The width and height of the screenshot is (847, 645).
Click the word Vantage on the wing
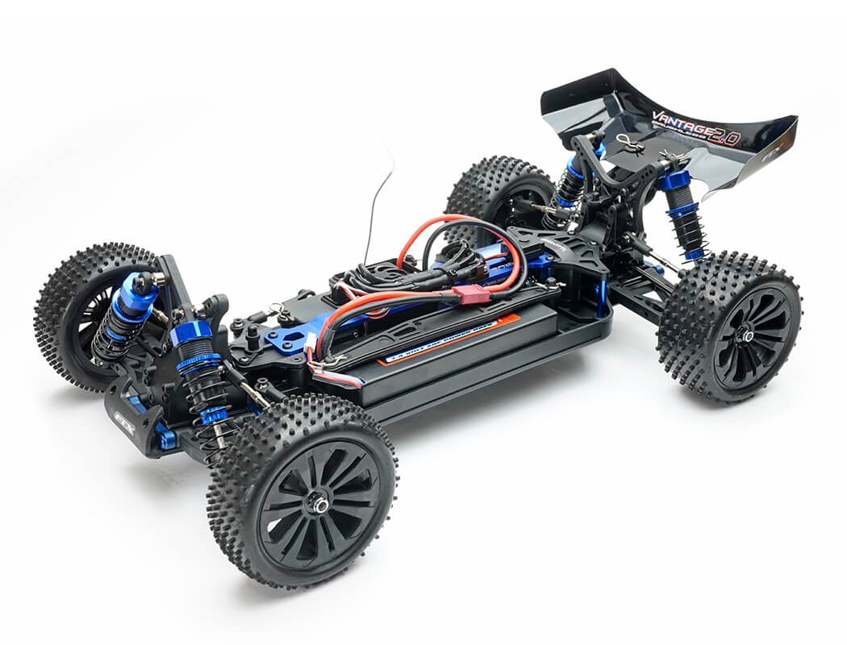[x=682, y=123]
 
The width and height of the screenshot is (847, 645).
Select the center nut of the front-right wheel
[x=320, y=506]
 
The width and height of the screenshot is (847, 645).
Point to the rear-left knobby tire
[x=496, y=193]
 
